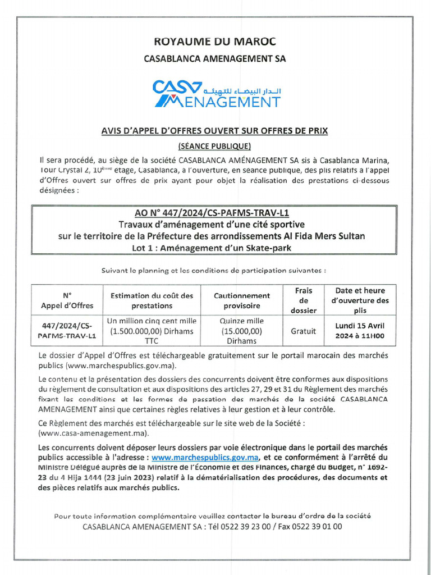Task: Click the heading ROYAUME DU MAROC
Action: [215, 42]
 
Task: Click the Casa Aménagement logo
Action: [216, 94]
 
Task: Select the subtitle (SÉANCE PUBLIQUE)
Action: [214, 146]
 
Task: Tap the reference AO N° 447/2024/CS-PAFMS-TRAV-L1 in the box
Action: [215, 213]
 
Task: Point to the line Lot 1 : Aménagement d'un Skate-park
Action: [215, 248]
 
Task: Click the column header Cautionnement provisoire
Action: [242, 300]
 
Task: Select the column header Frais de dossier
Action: [303, 300]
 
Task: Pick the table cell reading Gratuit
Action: [303, 331]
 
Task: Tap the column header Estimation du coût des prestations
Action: [152, 300]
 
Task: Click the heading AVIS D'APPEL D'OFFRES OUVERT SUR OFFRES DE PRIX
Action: [214, 130]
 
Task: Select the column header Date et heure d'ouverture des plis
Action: [360, 300]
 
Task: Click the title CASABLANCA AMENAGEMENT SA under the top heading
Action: [215, 58]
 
